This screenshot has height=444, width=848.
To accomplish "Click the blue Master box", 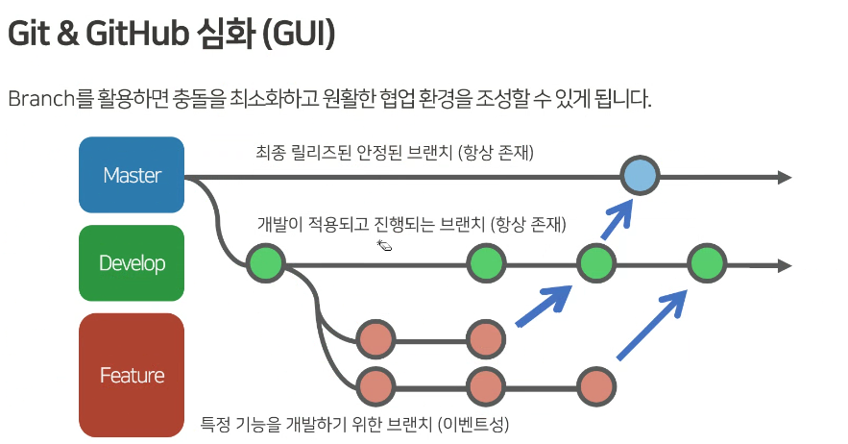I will pos(132,175).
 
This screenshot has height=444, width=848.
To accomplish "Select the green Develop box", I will pos(132,263).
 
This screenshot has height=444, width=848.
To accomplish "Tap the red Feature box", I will pos(132,374).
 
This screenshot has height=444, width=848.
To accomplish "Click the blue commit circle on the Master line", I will pos(640,176).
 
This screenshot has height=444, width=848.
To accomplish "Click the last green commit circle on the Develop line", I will pos(707,263).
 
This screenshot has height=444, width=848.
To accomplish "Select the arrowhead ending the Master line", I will pos(784,177).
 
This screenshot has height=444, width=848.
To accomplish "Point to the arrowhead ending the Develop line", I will pos(784,265).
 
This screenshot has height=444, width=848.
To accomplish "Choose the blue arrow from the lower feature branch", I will pos(655,324).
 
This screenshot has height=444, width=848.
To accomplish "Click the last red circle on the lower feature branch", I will pos(597,386).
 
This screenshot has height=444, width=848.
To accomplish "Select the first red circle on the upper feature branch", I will pos(376,339).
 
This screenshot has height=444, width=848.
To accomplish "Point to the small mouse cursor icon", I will pos(384,246).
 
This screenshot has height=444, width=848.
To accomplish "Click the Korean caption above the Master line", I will pos(394,152).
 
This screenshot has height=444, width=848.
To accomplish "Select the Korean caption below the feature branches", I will pos(354,423).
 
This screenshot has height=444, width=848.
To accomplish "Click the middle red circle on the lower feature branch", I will pos(486,386).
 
